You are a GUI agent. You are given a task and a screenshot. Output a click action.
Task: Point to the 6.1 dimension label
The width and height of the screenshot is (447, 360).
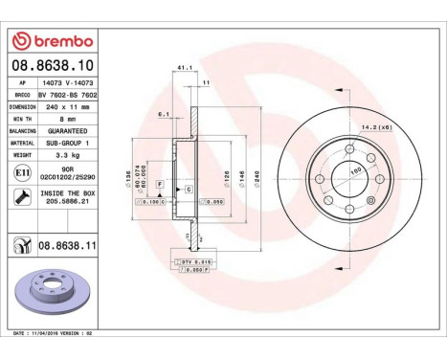coord(164,114)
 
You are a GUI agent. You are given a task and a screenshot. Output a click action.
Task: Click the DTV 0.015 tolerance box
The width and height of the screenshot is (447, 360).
coord(190,260)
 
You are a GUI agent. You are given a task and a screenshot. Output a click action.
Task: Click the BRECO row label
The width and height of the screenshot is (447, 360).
coord(18,97)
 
